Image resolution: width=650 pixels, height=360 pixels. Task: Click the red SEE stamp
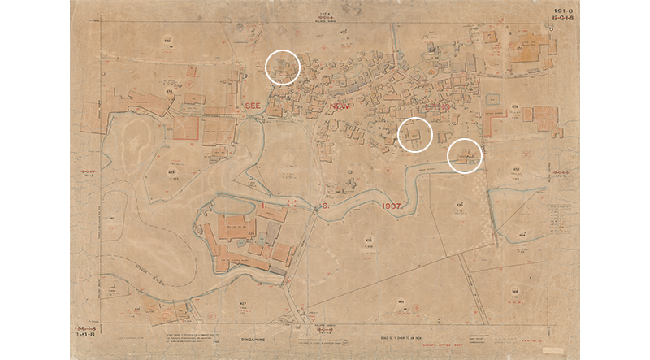pyautogui.click(x=247, y=106)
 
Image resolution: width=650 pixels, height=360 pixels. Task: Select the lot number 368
pyautogui.click(x=516, y=291)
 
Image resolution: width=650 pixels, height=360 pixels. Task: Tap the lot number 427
pyautogui.click(x=241, y=302)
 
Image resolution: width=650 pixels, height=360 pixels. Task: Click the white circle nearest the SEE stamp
pyautogui.click(x=283, y=67)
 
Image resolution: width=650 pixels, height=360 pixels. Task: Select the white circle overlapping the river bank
pyautogui.click(x=466, y=155)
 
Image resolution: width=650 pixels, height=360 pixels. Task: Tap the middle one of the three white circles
pyautogui.click(x=415, y=134)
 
